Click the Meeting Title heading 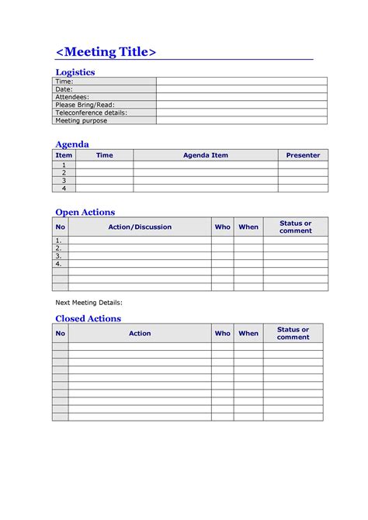click(106, 52)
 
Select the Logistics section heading click(75, 72)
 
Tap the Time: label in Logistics click(64, 81)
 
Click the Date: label click(64, 89)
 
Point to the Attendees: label click(72, 97)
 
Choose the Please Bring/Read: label click(83, 105)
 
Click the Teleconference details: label click(91, 113)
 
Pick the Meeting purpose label click(82, 120)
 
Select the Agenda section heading click(72, 144)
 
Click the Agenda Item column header click(206, 155)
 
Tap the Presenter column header click(303, 155)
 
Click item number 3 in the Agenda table click(64, 180)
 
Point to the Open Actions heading click(85, 212)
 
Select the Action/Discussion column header click(140, 227)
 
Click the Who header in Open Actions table click(223, 227)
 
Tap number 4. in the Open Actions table click(58, 263)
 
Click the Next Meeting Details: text click(89, 302)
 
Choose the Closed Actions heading click(88, 318)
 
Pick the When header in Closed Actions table click(248, 333)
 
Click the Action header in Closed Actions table click(140, 333)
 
